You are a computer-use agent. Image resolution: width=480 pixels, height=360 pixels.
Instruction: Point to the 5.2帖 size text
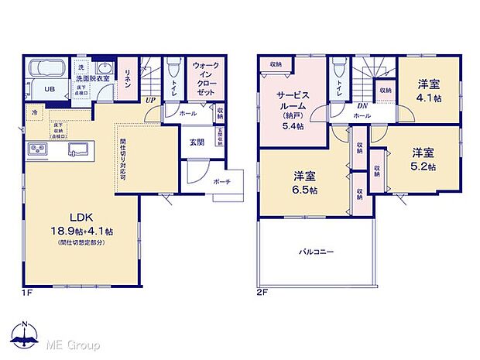(x=423, y=165)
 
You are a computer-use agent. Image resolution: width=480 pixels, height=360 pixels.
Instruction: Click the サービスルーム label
(x=293, y=101)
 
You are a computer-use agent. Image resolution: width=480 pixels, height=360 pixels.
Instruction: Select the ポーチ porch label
(x=221, y=181)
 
